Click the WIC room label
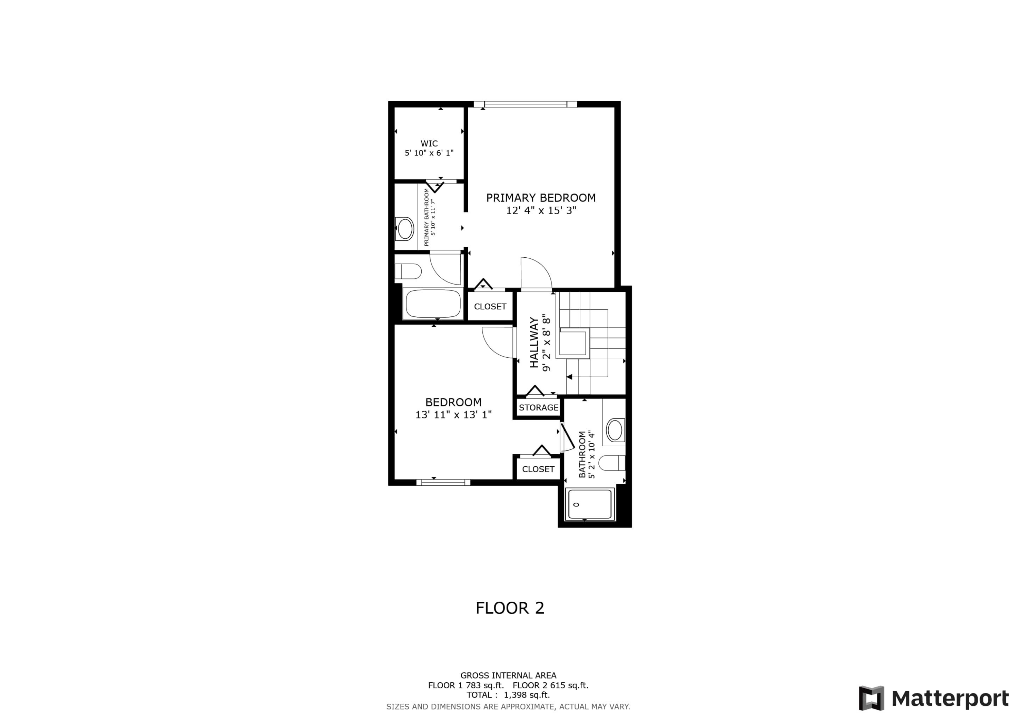click(x=429, y=143)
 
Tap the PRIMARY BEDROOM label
click(x=541, y=198)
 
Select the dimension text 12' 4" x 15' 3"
click(x=541, y=210)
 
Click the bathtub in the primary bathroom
click(x=433, y=304)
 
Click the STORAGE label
click(x=539, y=407)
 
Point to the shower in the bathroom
click(x=590, y=504)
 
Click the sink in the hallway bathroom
click(x=615, y=430)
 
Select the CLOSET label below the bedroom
click(x=538, y=469)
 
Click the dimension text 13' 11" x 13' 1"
click(x=453, y=414)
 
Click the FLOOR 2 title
click(x=510, y=608)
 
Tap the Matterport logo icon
click(x=871, y=698)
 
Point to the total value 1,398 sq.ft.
click(x=526, y=695)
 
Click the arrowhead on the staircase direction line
click(x=569, y=377)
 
